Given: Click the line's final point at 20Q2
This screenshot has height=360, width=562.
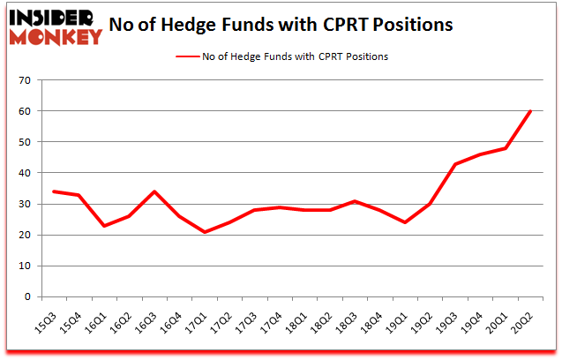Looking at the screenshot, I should click(x=530, y=111).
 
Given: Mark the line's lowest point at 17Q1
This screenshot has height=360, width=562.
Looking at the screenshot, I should click(x=206, y=232).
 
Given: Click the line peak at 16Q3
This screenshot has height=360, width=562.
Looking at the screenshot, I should click(x=155, y=191).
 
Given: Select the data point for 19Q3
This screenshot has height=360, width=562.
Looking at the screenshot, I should click(x=455, y=164).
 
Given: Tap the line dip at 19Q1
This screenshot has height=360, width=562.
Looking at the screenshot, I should click(x=405, y=222).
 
